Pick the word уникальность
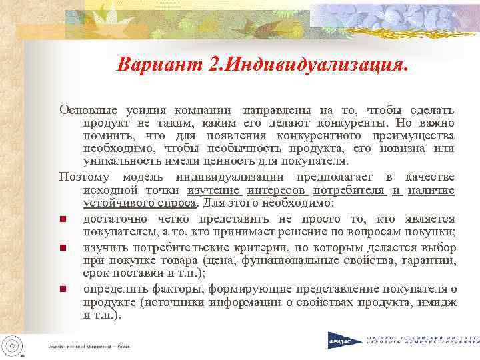tap(123, 162)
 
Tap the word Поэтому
tap(86, 177)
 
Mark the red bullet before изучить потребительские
tap(63, 248)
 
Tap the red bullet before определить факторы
tap(63, 289)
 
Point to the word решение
tap(294, 232)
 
